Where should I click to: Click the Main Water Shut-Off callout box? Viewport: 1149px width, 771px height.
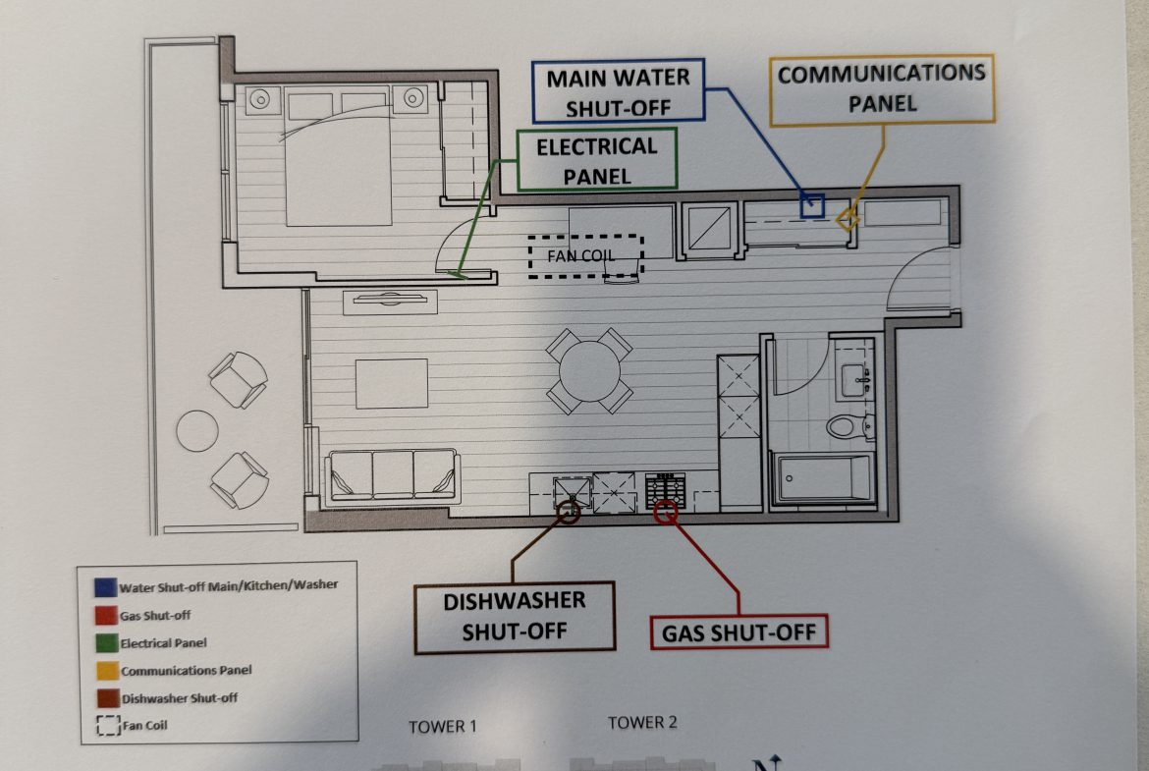pos(620,91)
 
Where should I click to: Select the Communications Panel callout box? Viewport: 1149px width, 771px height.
pos(882,88)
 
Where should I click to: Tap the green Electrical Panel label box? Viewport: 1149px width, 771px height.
pos(596,160)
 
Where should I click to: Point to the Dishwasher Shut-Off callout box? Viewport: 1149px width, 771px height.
pos(515,617)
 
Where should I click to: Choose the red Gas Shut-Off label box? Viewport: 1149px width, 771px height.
pos(739,632)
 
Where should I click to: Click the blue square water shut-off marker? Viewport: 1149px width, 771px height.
pos(812,206)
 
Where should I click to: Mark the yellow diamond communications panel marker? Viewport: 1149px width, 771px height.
pos(848,219)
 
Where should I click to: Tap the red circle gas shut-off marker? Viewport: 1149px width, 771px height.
pos(666,513)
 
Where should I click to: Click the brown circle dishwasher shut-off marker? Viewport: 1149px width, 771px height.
pos(569,512)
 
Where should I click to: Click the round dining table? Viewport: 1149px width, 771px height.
pos(590,371)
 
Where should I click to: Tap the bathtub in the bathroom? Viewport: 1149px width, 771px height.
pos(823,478)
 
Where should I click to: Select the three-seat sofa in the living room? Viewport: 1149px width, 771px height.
pos(394,476)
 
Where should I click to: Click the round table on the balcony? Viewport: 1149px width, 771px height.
pos(197,430)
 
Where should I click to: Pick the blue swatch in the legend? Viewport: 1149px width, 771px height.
pos(105,587)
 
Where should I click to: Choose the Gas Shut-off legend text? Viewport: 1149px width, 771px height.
pos(155,616)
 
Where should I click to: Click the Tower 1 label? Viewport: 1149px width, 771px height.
pos(443,726)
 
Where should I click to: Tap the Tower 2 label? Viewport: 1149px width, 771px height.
pos(642,723)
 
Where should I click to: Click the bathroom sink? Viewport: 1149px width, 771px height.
pos(856,380)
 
